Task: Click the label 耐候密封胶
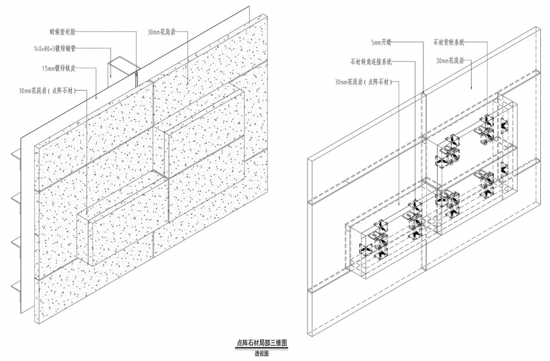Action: (x=66, y=33)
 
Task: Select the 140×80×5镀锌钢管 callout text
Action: (x=59, y=51)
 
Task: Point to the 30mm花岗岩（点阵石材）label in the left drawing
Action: (x=47, y=90)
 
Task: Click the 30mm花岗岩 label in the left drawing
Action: (x=162, y=33)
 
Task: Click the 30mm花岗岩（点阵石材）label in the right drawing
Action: (x=363, y=82)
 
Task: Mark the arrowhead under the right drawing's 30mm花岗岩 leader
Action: (x=471, y=89)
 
